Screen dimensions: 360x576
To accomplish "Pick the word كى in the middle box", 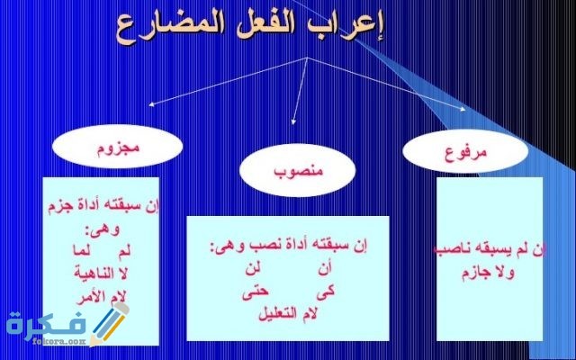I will (x=321, y=292).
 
